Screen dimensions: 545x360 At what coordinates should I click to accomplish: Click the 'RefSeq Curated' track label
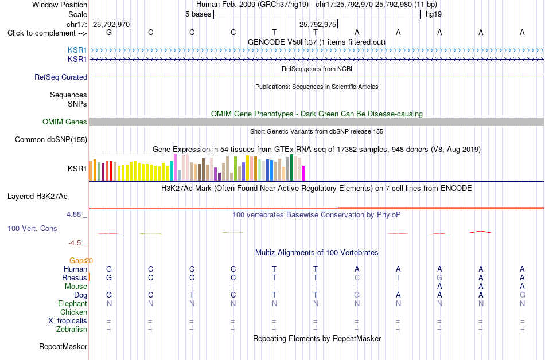tap(61, 77)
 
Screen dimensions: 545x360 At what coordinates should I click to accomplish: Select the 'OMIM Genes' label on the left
tap(65, 122)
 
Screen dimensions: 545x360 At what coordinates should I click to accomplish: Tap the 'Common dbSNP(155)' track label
tap(51, 139)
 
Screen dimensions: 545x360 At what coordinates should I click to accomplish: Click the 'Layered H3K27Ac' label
tap(37, 197)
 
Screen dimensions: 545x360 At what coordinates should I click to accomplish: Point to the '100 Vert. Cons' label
tap(32, 228)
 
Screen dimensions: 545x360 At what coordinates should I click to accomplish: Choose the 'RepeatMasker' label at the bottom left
tap(63, 346)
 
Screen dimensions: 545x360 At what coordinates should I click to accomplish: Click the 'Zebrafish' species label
tap(72, 329)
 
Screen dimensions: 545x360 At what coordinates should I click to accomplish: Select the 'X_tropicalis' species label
tap(68, 321)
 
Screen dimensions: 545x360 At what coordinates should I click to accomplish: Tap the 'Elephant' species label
tap(73, 303)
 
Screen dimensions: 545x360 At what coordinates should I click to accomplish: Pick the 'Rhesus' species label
tap(75, 277)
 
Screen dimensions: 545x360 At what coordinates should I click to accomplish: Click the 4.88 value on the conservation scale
tap(73, 214)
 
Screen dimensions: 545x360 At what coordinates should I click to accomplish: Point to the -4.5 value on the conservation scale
tap(75, 243)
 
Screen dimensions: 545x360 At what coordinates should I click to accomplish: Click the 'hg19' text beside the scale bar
tap(434, 14)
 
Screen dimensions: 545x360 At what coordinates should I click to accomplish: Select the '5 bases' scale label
tap(198, 14)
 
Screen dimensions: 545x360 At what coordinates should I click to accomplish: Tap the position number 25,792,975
tap(318, 24)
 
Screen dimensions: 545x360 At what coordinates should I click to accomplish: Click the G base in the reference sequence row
tap(109, 32)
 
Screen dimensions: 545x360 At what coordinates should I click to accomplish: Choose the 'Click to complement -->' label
tap(47, 33)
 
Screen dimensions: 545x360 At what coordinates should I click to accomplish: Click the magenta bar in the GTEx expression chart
tap(304, 173)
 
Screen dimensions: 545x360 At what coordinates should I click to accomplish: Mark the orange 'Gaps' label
tap(78, 260)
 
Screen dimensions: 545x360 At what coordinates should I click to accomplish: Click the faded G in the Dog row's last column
tap(523, 295)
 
